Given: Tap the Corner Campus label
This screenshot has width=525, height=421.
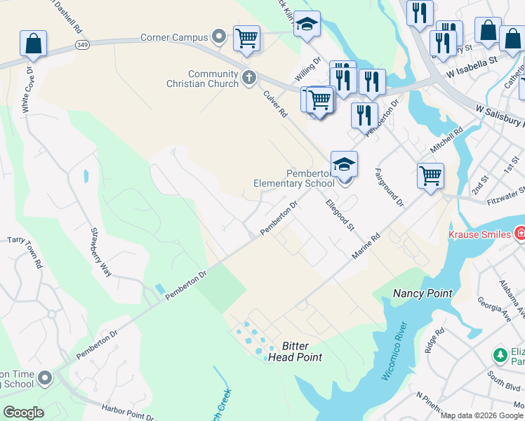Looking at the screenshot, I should pos(175,36).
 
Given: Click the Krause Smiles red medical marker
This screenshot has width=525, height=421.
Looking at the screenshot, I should pos(519,232).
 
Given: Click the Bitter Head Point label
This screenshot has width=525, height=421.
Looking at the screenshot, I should pos(295,352).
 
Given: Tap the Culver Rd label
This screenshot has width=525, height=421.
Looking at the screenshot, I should pos(275,102).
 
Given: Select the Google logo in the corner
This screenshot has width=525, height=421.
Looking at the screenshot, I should pos(23,412).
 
